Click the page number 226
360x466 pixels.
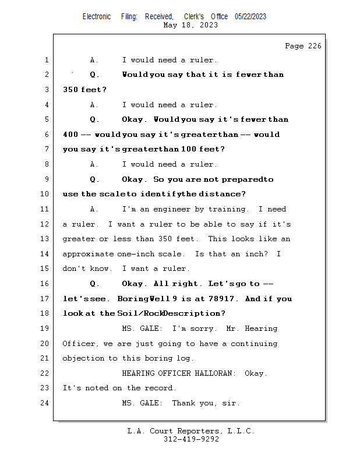click(x=315, y=46)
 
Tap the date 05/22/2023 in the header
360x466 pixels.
click(x=250, y=16)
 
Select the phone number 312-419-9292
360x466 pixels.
click(x=191, y=439)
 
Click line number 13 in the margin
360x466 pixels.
click(x=44, y=239)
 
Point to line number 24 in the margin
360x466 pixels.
click(x=44, y=403)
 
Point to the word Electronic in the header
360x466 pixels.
click(x=97, y=16)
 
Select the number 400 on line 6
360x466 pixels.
click(x=70, y=135)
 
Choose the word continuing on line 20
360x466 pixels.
click(x=254, y=344)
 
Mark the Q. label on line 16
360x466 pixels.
click(x=94, y=284)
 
